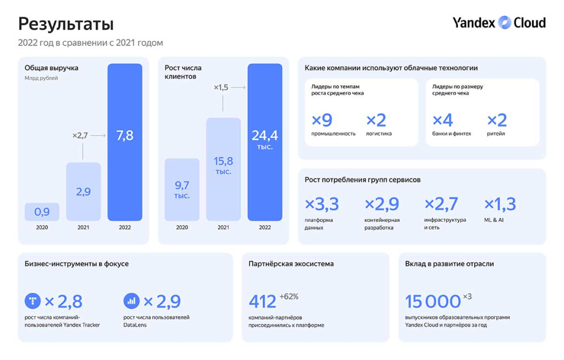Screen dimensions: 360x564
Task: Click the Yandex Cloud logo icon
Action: pyautogui.click(x=505, y=23)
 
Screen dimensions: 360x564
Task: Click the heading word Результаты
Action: pyautogui.click(x=66, y=24)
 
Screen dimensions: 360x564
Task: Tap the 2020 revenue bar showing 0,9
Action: pyautogui.click(x=42, y=212)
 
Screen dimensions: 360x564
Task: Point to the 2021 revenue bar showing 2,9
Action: pyautogui.click(x=83, y=192)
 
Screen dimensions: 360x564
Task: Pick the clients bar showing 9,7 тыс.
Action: pyautogui.click(x=182, y=189)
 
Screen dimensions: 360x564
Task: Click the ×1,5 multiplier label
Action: pyautogui.click(x=221, y=88)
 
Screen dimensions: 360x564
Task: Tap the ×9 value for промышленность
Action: pyautogui.click(x=322, y=120)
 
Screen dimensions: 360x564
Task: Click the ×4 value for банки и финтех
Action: pyautogui.click(x=443, y=120)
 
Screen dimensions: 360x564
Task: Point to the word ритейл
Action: pyautogui.click(x=496, y=134)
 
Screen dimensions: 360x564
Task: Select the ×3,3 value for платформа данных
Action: pyautogui.click(x=322, y=204)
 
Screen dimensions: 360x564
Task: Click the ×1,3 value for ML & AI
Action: pyautogui.click(x=500, y=204)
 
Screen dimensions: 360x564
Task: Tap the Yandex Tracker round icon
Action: pyautogui.click(x=32, y=301)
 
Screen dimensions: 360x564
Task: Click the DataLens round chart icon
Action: pyautogui.click(x=132, y=301)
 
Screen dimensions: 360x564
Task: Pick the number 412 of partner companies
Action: pyautogui.click(x=262, y=302)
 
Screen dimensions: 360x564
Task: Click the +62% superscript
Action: pyautogui.click(x=289, y=297)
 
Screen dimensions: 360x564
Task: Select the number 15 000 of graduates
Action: pyautogui.click(x=433, y=302)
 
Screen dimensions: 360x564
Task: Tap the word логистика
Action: pyautogui.click(x=379, y=134)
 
